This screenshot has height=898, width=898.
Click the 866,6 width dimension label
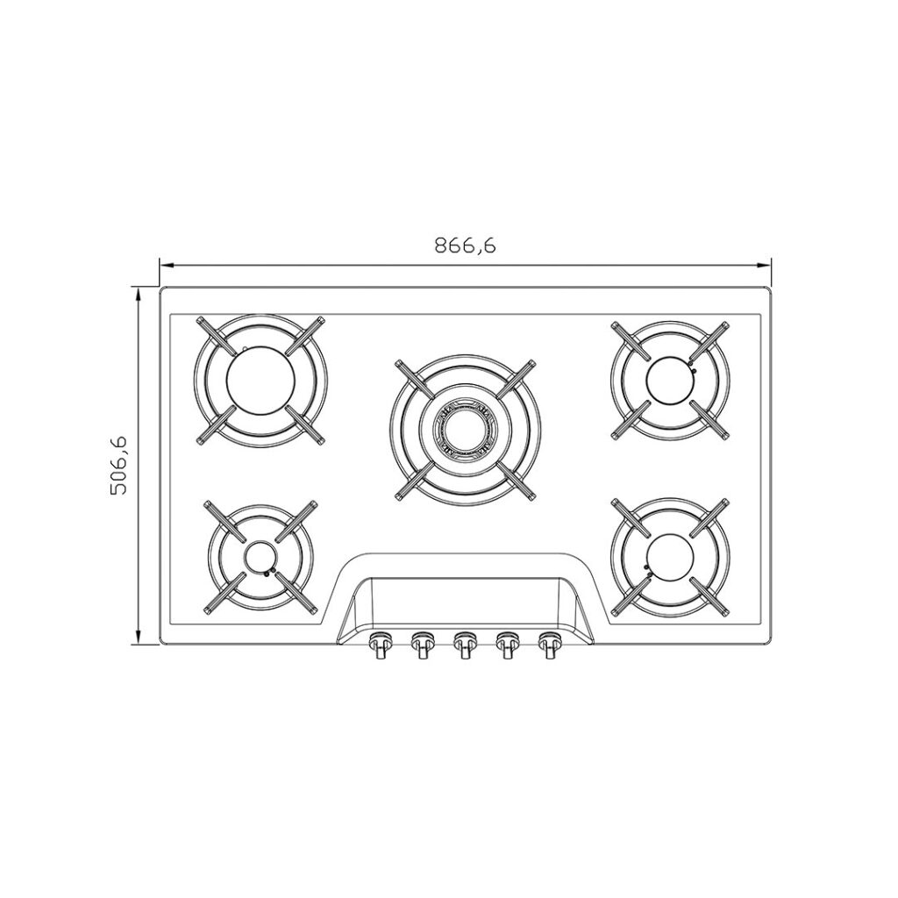click(465, 246)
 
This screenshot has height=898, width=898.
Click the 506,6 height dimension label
click(118, 465)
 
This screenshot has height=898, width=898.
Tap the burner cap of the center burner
click(465, 429)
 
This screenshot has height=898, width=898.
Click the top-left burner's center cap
click(261, 381)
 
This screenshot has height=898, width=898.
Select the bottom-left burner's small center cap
click(261, 556)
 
